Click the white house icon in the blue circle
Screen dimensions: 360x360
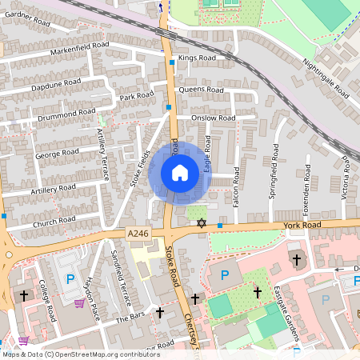tap(180, 173)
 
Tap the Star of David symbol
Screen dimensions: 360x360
tap(202, 223)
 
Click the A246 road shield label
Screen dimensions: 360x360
tap(138, 234)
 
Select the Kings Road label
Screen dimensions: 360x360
tap(197, 58)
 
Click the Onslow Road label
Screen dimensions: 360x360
tap(213, 118)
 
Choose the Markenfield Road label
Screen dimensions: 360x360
tap(79, 50)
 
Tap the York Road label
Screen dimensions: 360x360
tap(302, 226)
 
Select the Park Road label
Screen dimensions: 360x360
tap(136, 97)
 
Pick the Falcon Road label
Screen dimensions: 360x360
tap(236, 188)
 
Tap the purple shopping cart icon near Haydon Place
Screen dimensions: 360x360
tap(79, 303)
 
